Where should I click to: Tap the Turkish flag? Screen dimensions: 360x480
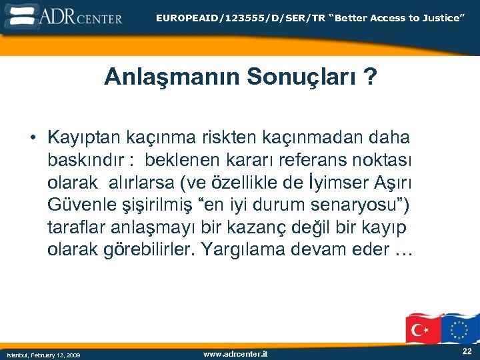[422, 329]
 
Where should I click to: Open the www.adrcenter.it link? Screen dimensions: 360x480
[235, 353]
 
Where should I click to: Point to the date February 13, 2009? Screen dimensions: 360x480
[44, 355]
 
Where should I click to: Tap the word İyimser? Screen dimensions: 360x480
[329, 182]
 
